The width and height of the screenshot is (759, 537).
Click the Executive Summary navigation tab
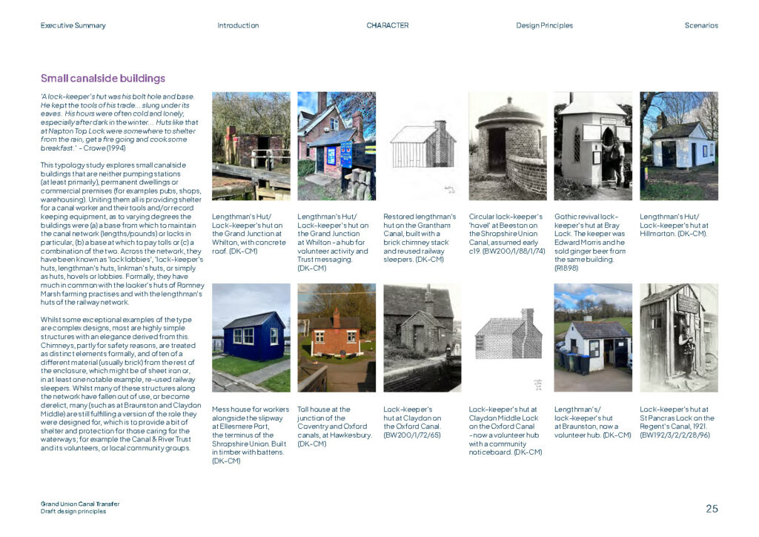click(73, 25)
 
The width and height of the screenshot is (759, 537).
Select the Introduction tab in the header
click(238, 25)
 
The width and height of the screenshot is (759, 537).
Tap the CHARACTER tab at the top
click(387, 25)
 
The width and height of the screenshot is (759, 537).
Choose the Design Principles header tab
click(544, 25)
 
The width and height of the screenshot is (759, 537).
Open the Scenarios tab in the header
click(700, 25)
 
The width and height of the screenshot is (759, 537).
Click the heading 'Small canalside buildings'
click(102, 78)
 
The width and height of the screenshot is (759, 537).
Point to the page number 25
click(712, 509)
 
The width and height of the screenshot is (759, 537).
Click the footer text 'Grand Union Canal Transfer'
click(80, 504)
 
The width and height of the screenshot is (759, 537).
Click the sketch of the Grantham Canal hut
click(422, 145)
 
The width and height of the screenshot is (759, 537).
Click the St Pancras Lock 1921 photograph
click(679, 337)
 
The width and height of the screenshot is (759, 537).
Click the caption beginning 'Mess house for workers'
click(251, 435)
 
